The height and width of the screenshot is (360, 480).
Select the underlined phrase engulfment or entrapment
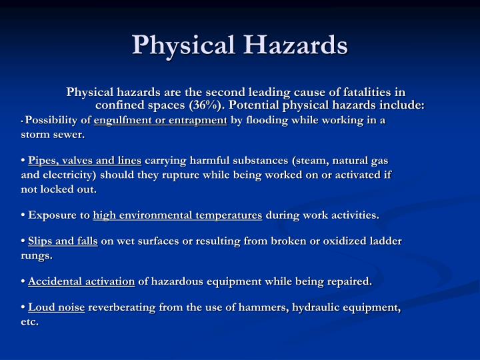click(x=161, y=121)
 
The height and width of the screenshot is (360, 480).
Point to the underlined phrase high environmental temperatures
click(x=177, y=215)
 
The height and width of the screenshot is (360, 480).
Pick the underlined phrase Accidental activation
click(x=81, y=281)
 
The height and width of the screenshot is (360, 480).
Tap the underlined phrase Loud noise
click(x=57, y=308)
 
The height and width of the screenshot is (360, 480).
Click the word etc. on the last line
click(x=29, y=321)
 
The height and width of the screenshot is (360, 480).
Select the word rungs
click(x=36, y=255)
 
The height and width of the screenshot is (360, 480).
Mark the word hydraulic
click(x=311, y=308)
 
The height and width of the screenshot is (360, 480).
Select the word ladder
click(x=385, y=241)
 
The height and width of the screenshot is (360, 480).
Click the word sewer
click(x=70, y=134)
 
